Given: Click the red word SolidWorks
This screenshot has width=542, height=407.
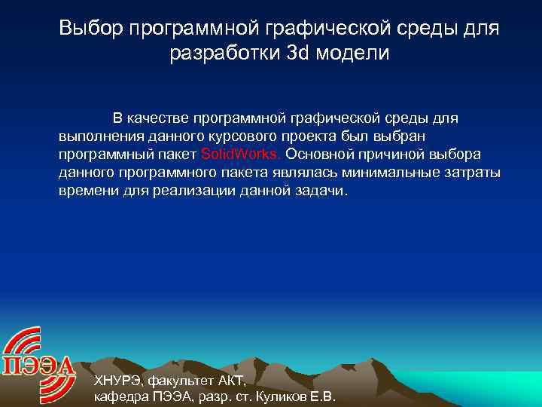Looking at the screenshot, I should click(x=240, y=154).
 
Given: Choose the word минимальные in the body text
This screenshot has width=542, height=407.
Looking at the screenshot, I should click(x=395, y=173).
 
